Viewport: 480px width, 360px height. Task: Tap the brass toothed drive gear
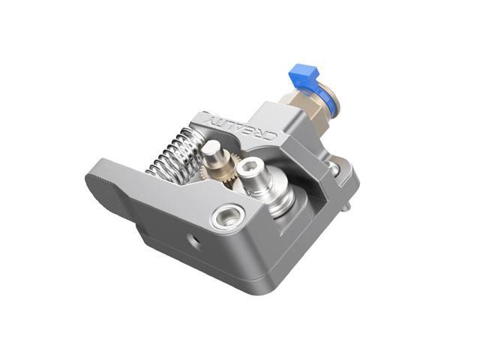225,168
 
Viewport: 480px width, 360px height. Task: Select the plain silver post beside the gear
211,153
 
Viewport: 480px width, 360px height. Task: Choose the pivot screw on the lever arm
226,218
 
